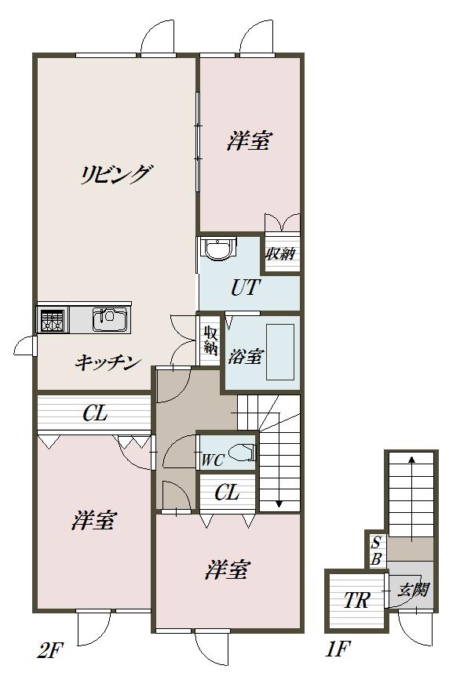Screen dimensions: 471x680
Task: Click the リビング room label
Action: click(116, 174)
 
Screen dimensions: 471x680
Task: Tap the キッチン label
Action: click(108, 362)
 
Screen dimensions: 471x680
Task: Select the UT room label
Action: click(246, 288)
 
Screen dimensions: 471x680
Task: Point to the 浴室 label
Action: click(245, 357)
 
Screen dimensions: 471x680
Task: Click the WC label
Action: click(213, 460)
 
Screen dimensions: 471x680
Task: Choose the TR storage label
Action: click(356, 601)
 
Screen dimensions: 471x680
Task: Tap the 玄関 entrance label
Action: click(414, 591)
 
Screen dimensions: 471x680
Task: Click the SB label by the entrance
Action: click(376, 551)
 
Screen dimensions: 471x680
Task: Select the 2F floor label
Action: click(50, 651)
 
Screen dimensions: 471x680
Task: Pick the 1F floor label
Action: click(338, 649)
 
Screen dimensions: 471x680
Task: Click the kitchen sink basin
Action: click(110, 320)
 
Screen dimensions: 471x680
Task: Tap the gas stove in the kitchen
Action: click(52, 321)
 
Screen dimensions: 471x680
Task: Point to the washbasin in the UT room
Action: click(220, 249)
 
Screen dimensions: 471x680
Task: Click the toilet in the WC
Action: click(242, 453)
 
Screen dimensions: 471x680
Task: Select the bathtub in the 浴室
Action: click(280, 352)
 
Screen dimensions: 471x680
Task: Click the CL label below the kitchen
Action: click(95, 413)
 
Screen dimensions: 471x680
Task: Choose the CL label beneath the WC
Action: click(227, 493)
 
